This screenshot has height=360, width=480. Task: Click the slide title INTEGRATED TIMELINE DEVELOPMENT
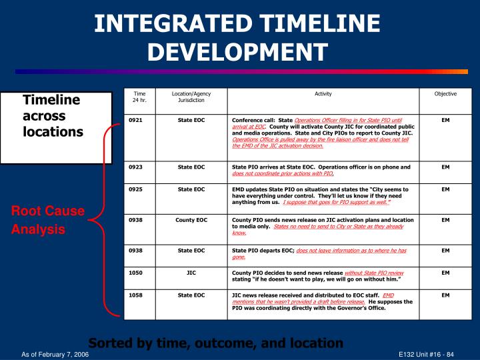[x=237, y=37]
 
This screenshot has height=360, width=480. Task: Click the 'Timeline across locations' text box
[x=53, y=115]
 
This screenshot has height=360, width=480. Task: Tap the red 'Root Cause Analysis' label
[x=47, y=220]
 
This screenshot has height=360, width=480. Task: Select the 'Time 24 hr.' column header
[x=139, y=97]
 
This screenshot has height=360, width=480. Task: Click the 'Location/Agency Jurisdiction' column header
[x=191, y=97]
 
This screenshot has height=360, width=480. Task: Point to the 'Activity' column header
[x=323, y=94]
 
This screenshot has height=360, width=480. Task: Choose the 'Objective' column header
[x=445, y=94]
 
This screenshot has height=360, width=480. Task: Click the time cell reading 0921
[x=136, y=120]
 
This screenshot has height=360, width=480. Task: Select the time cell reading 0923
[x=136, y=167]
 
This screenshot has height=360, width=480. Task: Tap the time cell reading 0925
[x=136, y=190]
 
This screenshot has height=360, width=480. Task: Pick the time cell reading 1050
[x=136, y=273]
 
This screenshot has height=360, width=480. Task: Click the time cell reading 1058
[x=136, y=294]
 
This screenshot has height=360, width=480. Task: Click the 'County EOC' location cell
[x=191, y=220]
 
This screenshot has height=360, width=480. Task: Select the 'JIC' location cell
[x=191, y=273]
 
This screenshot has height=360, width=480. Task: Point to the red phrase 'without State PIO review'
[x=374, y=273]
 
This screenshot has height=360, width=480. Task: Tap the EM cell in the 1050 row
[x=445, y=273]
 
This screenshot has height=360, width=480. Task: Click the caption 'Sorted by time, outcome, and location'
[x=216, y=343]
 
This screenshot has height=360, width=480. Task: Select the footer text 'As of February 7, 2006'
[x=55, y=354]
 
